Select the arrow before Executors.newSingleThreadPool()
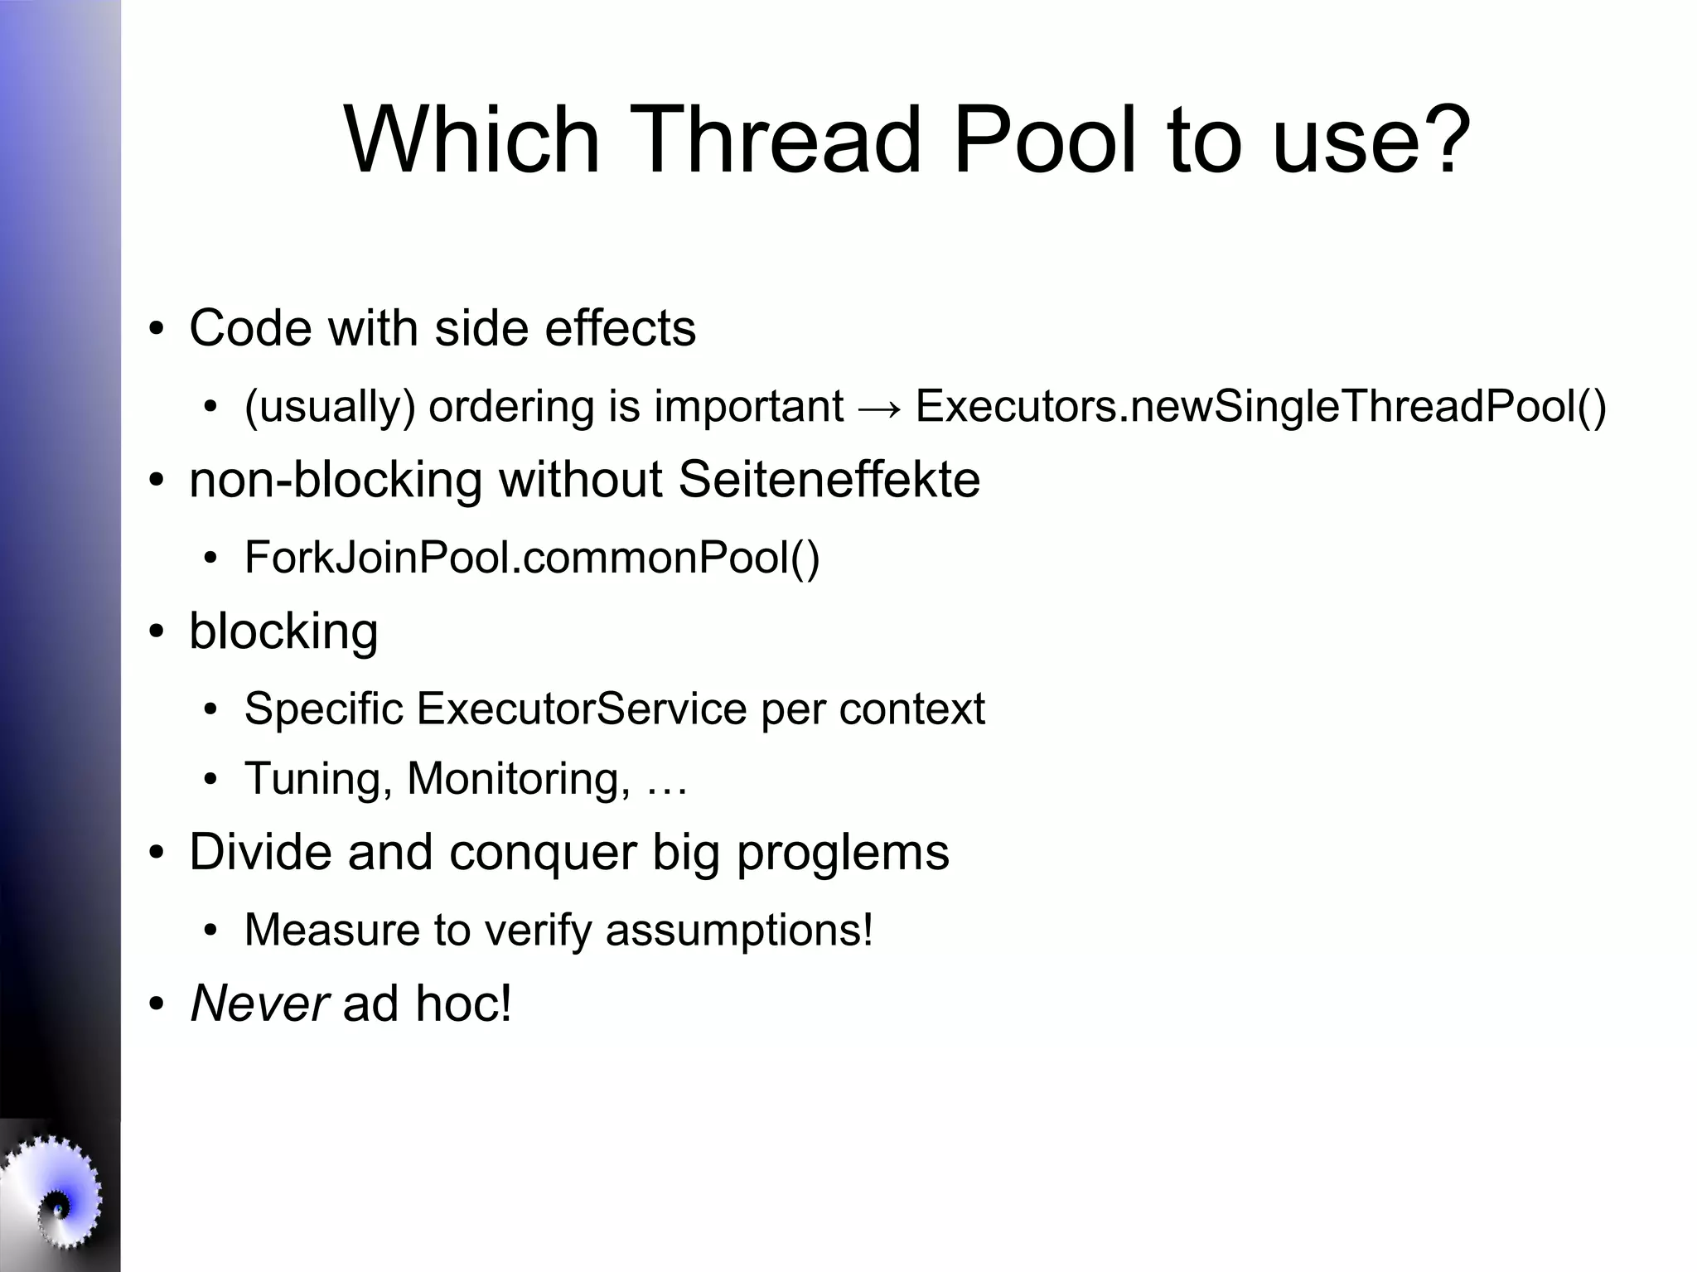pyautogui.click(x=879, y=408)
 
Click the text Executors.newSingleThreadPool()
pyautogui.click(x=1260, y=407)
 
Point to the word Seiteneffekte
pyautogui.click(x=829, y=480)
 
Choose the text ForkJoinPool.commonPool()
pyautogui.click(x=532, y=557)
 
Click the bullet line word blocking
pyautogui.click(x=283, y=631)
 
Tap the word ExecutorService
pyautogui.click(x=582, y=709)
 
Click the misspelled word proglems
pyautogui.click(x=842, y=854)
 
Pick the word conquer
pyautogui.click(x=543, y=854)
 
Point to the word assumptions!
pyautogui.click(x=739, y=930)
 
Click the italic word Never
pyautogui.click(x=259, y=1004)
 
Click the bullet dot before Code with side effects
pyautogui.click(x=156, y=329)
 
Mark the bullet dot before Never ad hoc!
pyautogui.click(x=156, y=1005)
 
